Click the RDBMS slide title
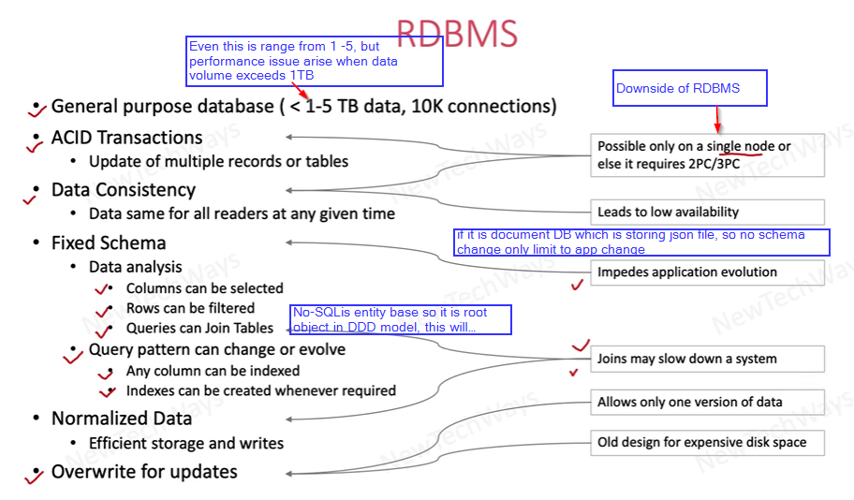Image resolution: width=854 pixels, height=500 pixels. (456, 33)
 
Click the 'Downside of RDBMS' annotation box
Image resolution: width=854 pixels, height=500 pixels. (690, 88)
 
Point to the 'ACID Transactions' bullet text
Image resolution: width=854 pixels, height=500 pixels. (126, 138)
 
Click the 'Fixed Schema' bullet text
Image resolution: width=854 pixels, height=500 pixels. (109, 243)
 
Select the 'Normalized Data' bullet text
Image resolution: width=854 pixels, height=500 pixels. (122, 419)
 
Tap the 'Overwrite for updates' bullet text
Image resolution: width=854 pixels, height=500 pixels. (144, 471)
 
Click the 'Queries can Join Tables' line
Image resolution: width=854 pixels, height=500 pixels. (199, 329)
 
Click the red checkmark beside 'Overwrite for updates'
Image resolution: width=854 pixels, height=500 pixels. (34, 477)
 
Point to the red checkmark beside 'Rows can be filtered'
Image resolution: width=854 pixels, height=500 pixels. (102, 310)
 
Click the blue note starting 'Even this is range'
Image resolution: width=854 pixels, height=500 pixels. (315, 62)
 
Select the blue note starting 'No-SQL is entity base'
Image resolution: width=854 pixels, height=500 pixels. (401, 319)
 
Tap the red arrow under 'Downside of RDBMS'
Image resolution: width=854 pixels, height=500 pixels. (717, 119)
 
